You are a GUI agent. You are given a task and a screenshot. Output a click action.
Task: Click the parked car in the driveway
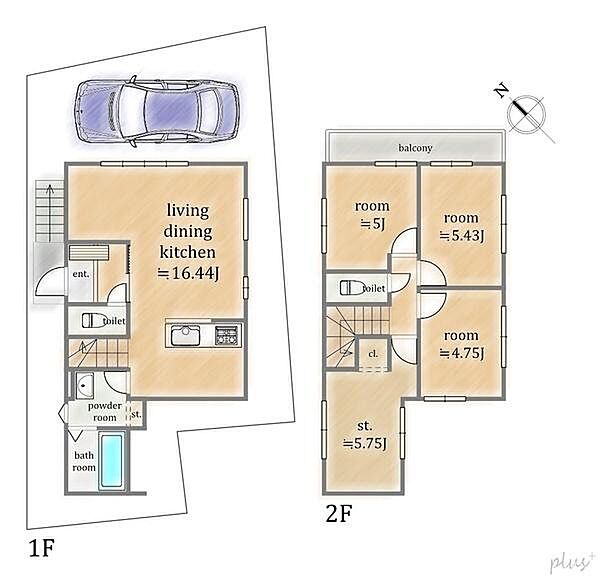[x=157, y=111]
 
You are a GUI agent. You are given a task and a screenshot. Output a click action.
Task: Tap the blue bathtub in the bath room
[x=112, y=460]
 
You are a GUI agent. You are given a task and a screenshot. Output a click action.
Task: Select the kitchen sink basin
[x=185, y=335]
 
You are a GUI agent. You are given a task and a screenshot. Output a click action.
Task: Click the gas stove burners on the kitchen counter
[x=227, y=335]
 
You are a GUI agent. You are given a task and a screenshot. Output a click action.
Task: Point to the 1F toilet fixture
[x=94, y=320]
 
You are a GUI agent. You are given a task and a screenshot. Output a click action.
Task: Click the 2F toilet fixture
[x=352, y=288]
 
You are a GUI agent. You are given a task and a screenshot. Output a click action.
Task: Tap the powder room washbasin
[x=85, y=386]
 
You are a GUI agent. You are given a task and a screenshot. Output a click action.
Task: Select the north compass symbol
[x=525, y=112]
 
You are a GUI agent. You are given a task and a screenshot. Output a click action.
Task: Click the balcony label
[x=415, y=148]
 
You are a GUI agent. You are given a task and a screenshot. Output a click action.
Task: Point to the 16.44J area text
[x=189, y=273]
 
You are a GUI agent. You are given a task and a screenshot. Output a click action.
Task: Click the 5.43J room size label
[x=462, y=236]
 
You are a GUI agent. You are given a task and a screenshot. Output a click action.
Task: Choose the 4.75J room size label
[x=462, y=353]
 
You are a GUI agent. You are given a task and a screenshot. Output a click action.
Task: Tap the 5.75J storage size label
[x=365, y=444]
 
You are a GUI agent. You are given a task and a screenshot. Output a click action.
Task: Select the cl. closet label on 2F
[x=373, y=354]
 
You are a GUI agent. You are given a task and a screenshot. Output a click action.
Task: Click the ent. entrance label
[x=81, y=274]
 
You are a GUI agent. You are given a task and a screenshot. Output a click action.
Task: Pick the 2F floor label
[x=338, y=513]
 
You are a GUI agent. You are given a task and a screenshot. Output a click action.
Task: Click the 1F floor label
[x=42, y=548]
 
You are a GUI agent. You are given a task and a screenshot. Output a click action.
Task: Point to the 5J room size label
[x=372, y=224]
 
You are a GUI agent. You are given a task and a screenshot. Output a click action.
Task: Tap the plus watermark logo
[x=571, y=562]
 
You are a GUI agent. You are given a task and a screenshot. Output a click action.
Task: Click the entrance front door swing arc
[x=45, y=275]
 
